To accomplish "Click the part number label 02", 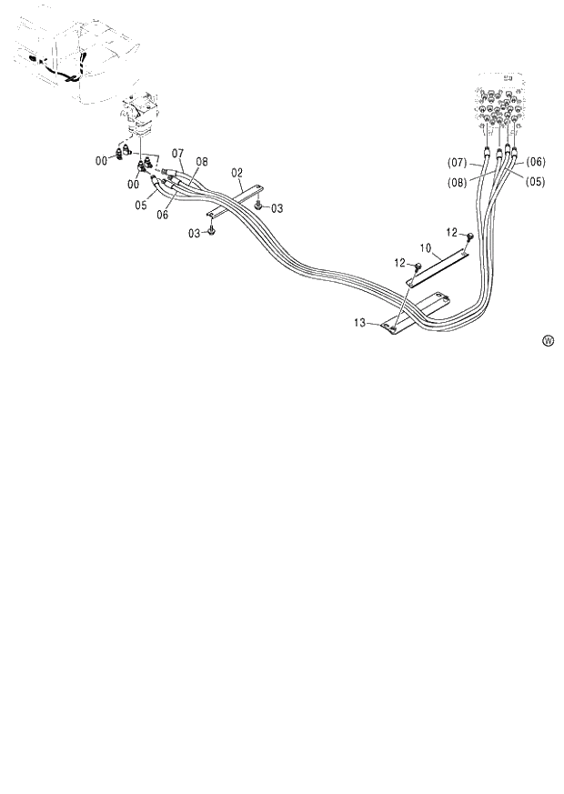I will coord(237,171).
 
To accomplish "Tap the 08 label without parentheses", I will coord(201,162).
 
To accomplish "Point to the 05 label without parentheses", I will coord(141,206).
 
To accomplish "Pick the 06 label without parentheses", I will coord(162,215).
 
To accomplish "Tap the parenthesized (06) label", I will coord(536,162).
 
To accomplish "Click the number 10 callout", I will coord(424,247).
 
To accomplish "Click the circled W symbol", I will coord(548,341).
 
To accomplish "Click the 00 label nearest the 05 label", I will coord(133,185).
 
